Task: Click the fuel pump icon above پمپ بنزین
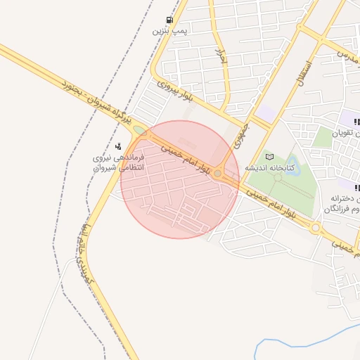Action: (169, 20)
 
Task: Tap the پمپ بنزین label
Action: (169, 31)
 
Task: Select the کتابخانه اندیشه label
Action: (269, 169)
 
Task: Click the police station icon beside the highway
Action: (118, 147)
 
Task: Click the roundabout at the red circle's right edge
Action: (219, 173)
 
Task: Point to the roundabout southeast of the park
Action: (315, 228)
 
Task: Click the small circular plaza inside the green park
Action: (279, 176)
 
